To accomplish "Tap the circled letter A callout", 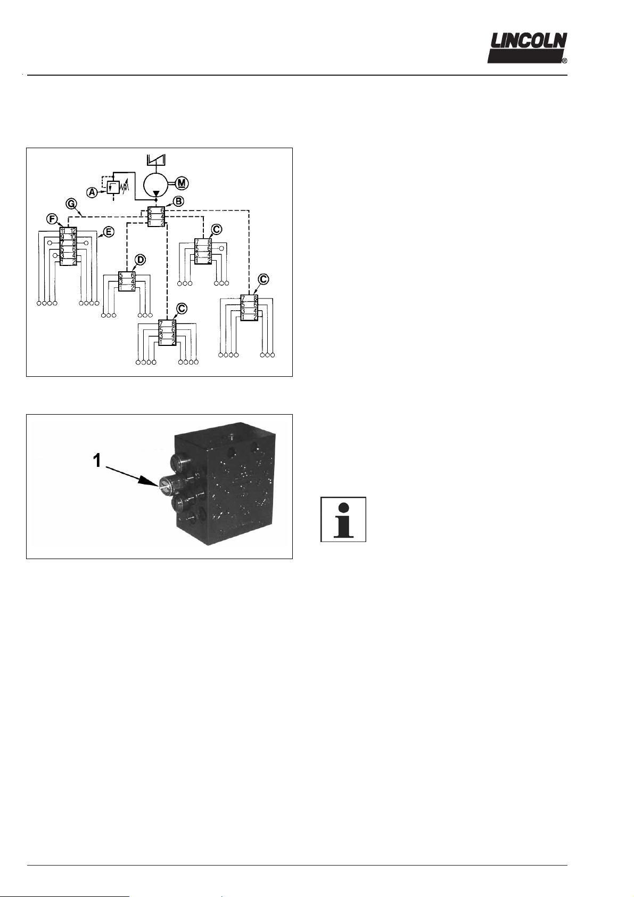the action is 92,192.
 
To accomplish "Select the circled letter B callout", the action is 179,201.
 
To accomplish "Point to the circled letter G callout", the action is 70,203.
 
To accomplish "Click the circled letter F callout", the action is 52,219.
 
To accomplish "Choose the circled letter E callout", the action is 109,232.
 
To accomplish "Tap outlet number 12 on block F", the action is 73,231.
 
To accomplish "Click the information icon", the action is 343,520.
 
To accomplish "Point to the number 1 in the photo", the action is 97,461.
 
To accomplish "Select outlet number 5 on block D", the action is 121,276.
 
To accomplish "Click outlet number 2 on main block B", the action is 162,223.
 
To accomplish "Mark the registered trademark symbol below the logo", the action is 564,61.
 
